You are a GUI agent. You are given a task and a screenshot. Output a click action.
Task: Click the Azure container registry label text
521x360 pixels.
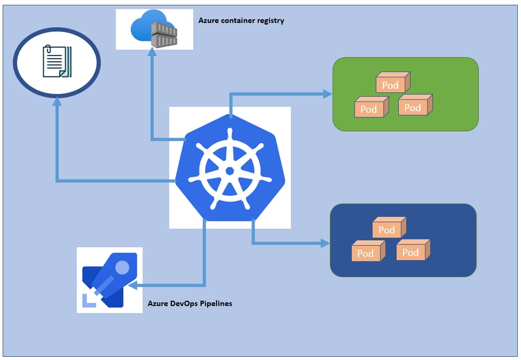[241, 21]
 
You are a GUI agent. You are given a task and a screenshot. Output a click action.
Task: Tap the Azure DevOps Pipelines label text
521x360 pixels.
[190, 304]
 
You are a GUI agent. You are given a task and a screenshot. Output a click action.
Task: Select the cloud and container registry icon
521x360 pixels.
[154, 29]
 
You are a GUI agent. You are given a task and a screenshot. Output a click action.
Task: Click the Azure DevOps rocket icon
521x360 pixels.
[109, 280]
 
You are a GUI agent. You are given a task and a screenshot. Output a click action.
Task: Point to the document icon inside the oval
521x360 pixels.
[56, 61]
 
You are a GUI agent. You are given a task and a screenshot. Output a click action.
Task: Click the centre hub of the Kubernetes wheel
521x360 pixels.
[230, 170]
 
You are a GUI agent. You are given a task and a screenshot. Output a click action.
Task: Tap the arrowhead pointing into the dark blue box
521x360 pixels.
[325, 244]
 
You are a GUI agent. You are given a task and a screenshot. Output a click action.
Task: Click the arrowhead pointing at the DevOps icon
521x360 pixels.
[133, 286]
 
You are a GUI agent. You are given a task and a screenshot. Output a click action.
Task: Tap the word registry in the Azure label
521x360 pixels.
[270, 21]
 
